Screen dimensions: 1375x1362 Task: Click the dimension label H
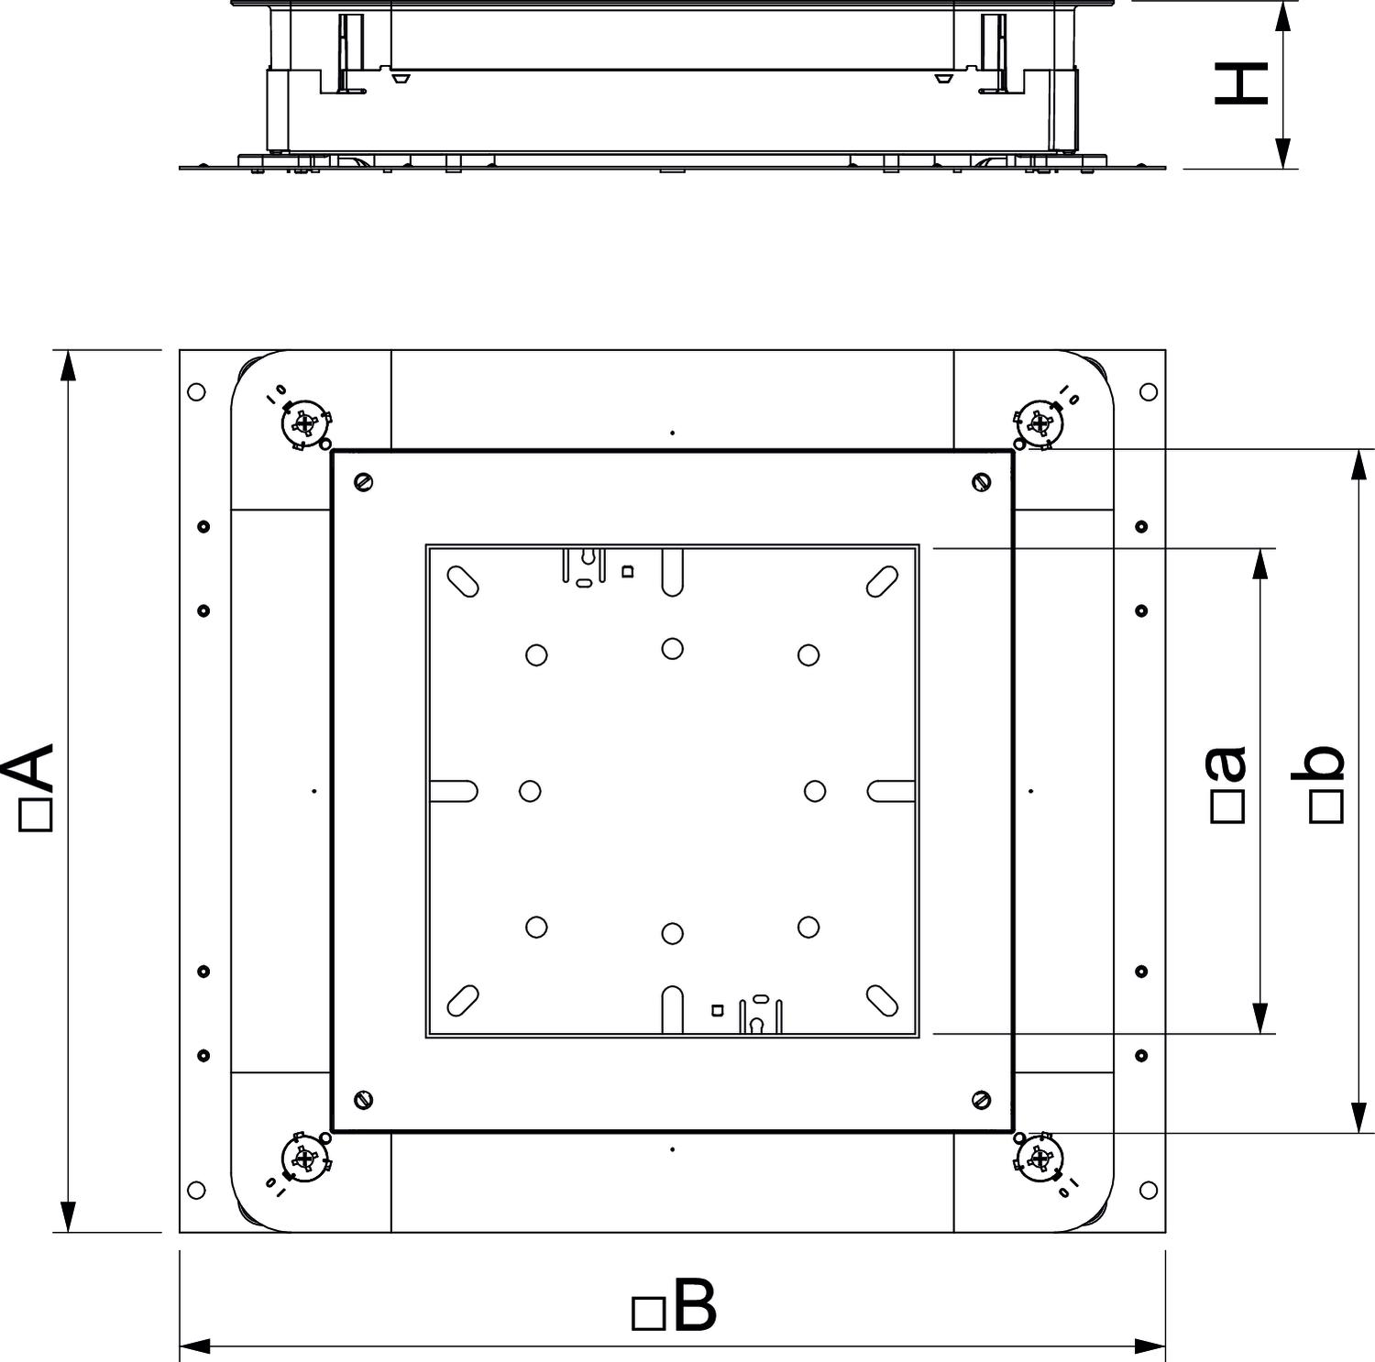click(1240, 83)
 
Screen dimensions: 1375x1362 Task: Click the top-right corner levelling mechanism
click(1038, 423)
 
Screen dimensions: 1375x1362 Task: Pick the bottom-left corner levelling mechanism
click(306, 1159)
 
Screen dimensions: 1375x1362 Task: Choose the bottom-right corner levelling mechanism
click(1039, 1159)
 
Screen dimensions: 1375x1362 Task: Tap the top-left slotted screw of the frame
click(364, 481)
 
